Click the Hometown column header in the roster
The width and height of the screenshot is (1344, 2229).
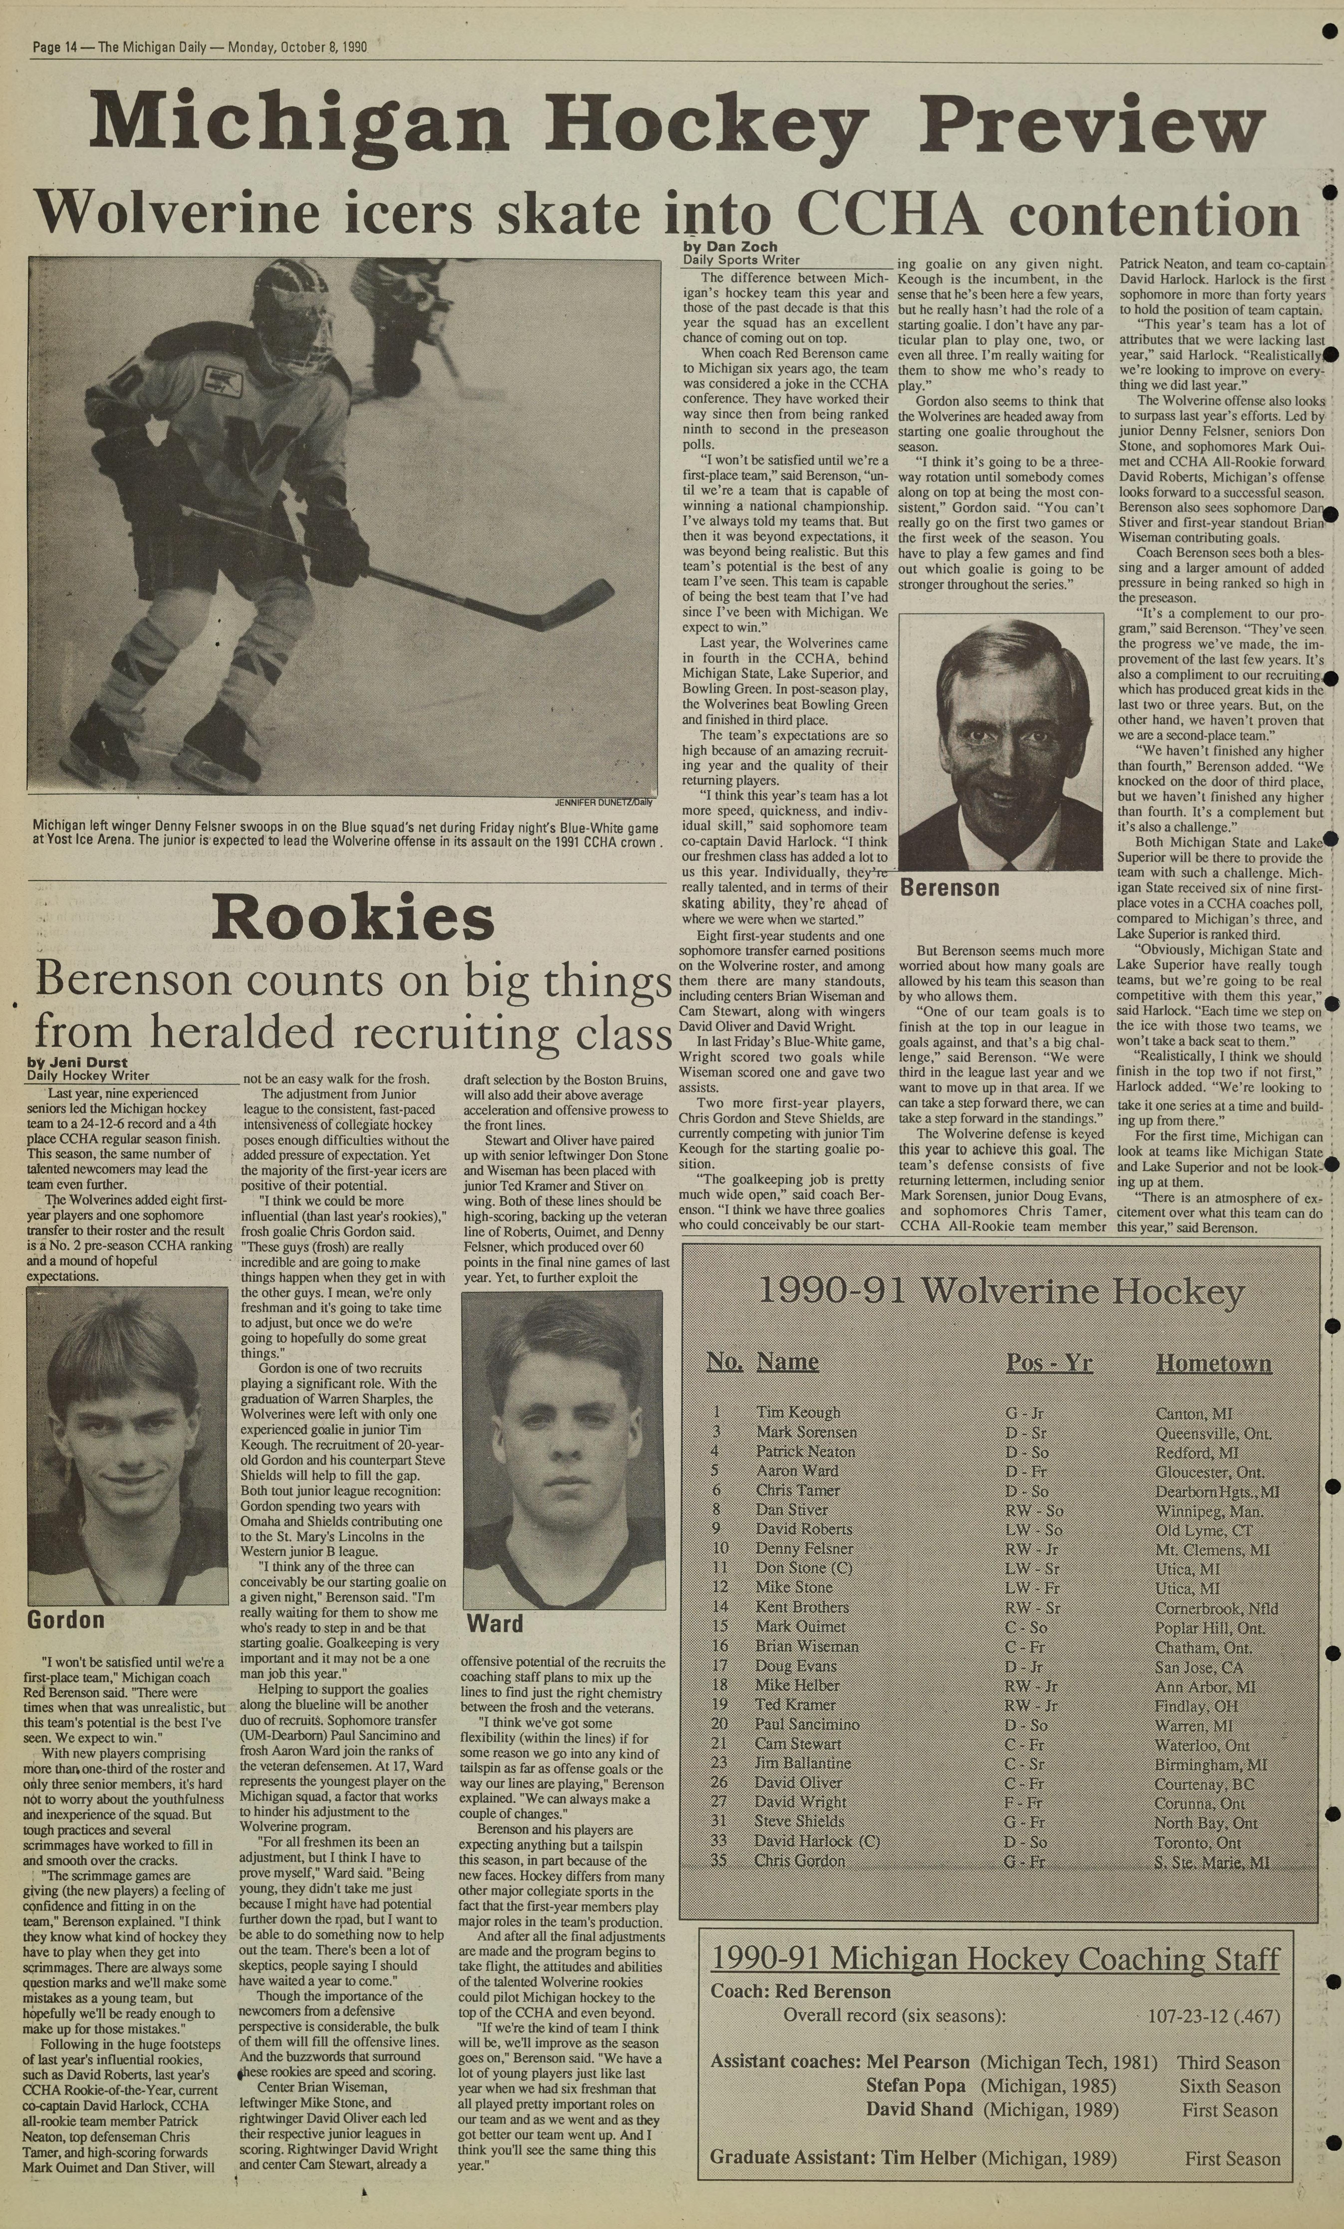coord(1213,1363)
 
